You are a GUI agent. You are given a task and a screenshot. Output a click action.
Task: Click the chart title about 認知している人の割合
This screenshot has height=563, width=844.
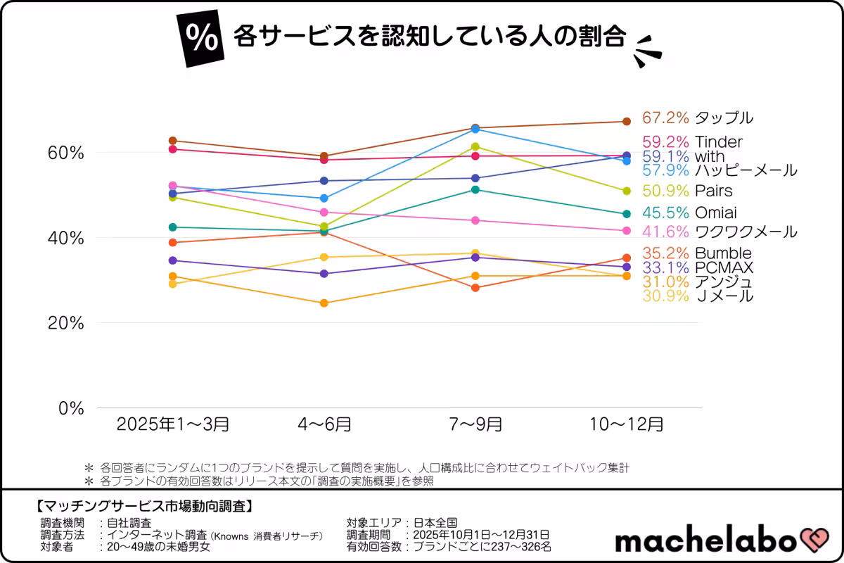[x=429, y=37]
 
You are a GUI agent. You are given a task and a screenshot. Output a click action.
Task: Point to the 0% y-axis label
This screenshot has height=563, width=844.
[x=70, y=408]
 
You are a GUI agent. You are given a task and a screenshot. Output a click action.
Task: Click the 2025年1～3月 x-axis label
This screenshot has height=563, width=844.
[x=172, y=424]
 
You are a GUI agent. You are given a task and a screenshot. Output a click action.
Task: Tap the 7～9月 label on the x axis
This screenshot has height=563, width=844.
[x=475, y=424]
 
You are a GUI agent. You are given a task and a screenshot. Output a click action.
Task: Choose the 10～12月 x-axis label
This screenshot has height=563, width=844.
[x=626, y=424]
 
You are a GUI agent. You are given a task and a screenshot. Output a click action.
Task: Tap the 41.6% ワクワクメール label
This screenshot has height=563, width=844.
[x=720, y=232]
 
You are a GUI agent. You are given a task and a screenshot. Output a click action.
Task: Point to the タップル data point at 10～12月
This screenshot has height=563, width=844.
[x=627, y=122]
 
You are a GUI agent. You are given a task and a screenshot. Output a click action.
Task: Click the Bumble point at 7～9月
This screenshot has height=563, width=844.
[x=475, y=288]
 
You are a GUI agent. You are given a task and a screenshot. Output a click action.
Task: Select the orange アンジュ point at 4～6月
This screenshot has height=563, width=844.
[x=324, y=303]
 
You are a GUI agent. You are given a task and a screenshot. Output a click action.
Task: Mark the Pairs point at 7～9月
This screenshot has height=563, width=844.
[x=475, y=146]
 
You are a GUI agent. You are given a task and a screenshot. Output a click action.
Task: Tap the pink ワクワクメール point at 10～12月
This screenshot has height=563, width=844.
[x=627, y=231]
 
